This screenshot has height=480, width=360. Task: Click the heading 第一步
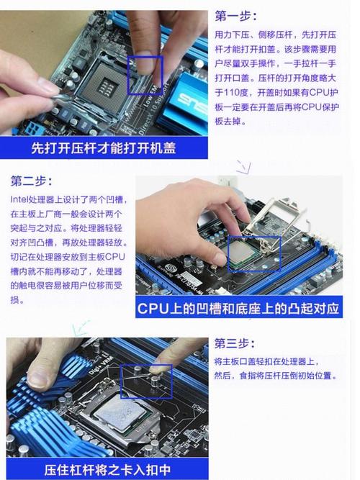235,16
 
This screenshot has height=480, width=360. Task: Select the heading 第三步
235,343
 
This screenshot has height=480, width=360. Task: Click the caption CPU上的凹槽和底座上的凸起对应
238,309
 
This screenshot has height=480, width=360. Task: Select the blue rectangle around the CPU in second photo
254,255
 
